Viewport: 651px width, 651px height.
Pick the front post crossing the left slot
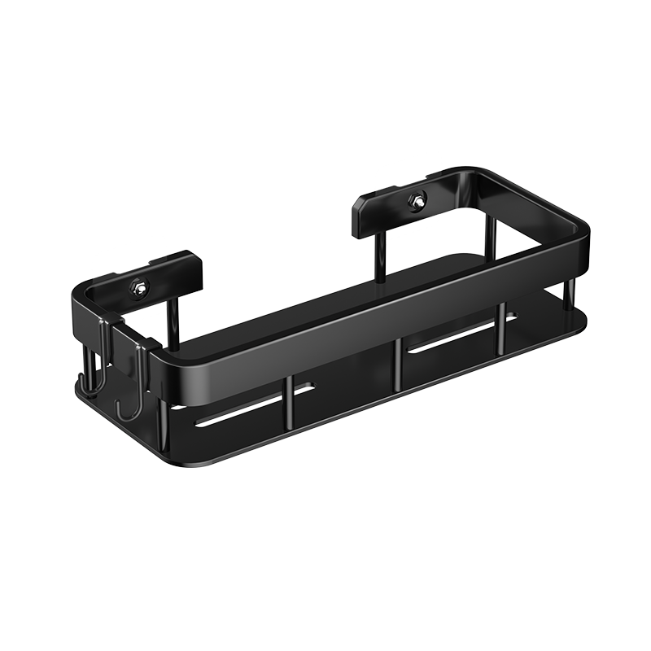pos(286,402)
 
